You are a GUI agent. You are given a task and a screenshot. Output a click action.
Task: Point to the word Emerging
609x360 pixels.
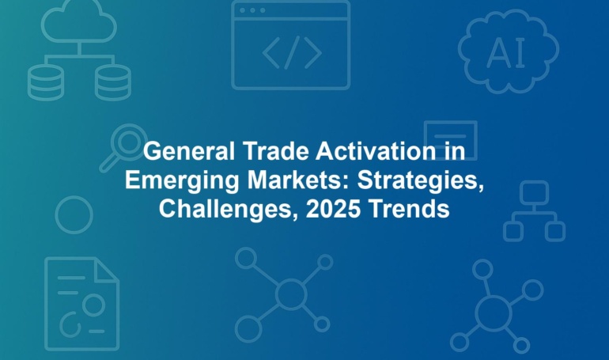182,181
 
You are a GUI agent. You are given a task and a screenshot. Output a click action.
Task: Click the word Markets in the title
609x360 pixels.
298,180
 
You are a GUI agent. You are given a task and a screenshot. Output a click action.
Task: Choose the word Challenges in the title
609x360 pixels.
229,210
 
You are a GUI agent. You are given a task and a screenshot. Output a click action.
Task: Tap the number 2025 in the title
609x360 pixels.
333,209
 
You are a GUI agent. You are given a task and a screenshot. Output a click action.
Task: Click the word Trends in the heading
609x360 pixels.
409,209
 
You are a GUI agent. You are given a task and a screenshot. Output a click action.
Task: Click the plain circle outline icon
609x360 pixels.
74,197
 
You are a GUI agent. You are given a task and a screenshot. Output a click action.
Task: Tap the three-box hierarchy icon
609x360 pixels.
535,212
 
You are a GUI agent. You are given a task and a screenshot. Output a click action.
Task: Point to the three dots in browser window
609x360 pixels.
252,10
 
